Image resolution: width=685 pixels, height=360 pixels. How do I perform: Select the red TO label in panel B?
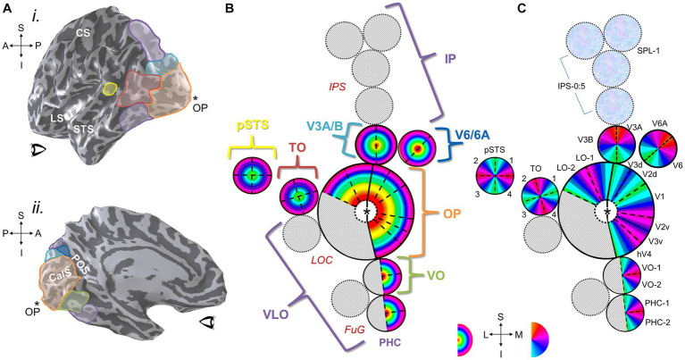298,148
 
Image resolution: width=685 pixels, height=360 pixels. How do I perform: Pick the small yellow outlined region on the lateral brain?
109,88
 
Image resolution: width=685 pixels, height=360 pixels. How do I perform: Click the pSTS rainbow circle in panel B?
253,176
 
